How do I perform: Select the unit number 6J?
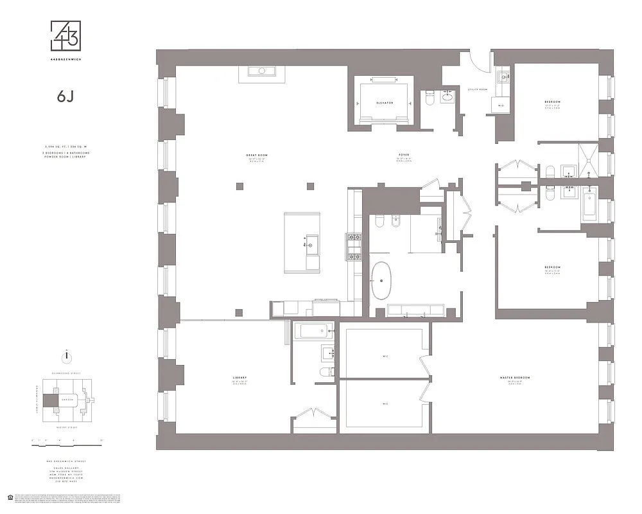65,96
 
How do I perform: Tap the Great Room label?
256,155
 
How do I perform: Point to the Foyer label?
403,155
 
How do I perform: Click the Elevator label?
384,103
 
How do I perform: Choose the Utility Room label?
478,89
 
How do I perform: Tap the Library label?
241,377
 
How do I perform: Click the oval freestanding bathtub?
383,281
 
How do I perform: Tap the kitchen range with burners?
354,247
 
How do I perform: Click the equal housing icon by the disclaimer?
9,497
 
